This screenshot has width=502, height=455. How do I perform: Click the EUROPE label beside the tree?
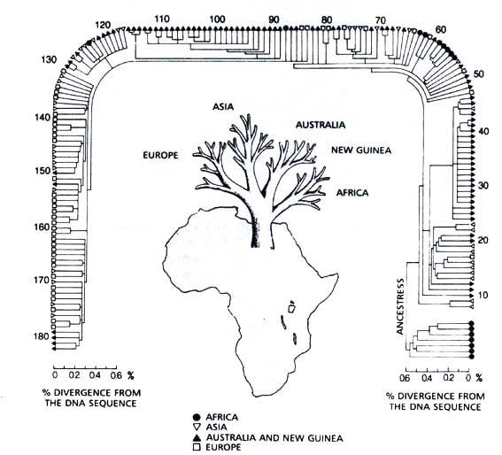tap(160, 155)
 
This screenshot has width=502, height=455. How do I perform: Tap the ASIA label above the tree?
tap(223, 106)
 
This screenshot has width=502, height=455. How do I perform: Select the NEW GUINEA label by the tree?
tap(361, 150)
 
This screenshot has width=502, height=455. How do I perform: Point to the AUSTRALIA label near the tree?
tap(321, 125)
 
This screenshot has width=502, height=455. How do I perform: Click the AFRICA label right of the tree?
tap(352, 193)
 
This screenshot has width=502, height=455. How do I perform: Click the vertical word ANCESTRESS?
tap(400, 306)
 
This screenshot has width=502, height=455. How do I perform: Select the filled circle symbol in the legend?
tap(197, 417)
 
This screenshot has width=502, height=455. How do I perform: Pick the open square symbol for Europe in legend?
tap(197, 447)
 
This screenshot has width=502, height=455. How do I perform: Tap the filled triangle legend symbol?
tap(197, 437)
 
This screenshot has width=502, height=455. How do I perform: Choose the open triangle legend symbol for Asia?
tap(197, 428)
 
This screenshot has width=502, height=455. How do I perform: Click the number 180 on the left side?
tap(42, 336)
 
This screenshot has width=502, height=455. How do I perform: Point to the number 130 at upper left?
tap(48, 59)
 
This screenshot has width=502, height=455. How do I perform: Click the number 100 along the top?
tap(217, 19)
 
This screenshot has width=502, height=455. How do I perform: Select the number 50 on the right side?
tap(479, 74)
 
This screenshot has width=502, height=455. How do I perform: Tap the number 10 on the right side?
tap(483, 295)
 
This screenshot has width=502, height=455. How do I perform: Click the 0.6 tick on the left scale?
tap(115, 375)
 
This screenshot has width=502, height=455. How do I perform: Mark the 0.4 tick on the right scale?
tap(427, 378)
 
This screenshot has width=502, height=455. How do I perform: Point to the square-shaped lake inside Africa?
tap(291, 309)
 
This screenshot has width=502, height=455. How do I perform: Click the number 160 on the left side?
tap(42, 227)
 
